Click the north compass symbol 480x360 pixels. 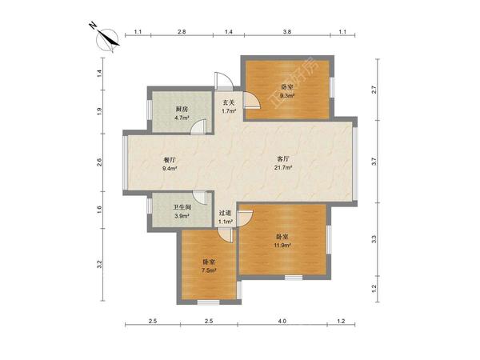107,39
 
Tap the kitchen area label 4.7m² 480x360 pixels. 182,118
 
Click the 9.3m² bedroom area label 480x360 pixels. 287,95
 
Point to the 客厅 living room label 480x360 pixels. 283,159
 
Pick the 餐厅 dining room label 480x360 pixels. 170,160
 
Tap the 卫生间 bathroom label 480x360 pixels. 182,207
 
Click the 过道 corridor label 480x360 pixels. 225,213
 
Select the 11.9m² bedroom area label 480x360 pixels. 282,245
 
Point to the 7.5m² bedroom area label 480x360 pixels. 209,270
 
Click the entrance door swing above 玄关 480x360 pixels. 224,81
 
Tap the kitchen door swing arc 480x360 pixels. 198,126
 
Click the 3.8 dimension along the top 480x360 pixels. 287,31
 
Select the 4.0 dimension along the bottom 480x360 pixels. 282,321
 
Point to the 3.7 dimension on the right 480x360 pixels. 374,162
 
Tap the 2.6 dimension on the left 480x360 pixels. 99,162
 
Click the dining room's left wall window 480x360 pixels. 125,162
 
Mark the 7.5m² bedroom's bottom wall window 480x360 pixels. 208,302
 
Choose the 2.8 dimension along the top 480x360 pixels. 182,31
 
